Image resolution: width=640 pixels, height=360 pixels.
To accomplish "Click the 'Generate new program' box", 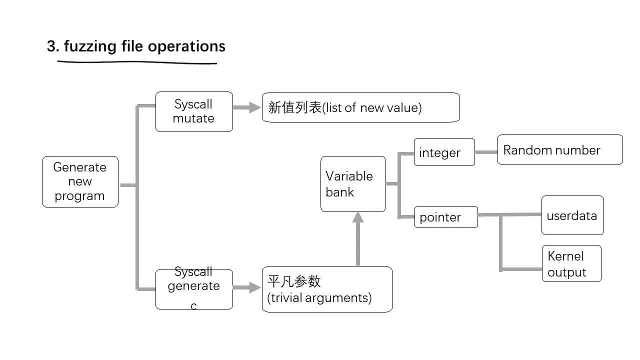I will [80, 181].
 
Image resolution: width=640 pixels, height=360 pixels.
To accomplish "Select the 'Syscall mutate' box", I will [194, 111].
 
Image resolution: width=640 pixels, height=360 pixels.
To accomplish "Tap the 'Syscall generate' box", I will [194, 288].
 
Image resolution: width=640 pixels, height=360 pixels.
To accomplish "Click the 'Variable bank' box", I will [353, 184].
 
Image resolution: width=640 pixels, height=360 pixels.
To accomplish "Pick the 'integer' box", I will [444, 152].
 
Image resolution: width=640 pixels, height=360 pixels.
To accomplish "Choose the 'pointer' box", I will [445, 217].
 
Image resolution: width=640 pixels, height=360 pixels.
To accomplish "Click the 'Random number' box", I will [559, 149].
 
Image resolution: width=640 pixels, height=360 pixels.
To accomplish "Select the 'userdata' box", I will [572, 215].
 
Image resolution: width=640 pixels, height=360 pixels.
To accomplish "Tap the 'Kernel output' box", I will [571, 263].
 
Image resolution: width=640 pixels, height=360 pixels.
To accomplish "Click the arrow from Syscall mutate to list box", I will [247, 107].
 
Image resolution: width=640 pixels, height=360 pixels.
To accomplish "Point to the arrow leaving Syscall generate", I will [247, 287].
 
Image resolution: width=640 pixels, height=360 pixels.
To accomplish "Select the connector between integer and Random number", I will [485, 152].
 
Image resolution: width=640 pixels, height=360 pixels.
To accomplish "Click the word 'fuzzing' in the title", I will [90, 46].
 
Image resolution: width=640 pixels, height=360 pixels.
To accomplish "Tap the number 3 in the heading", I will [51, 46].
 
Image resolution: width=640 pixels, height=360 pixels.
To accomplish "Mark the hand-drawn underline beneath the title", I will [137, 62].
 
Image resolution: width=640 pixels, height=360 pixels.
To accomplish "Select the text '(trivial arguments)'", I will [319, 298].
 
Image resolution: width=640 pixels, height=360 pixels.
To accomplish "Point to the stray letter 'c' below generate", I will [194, 306].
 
